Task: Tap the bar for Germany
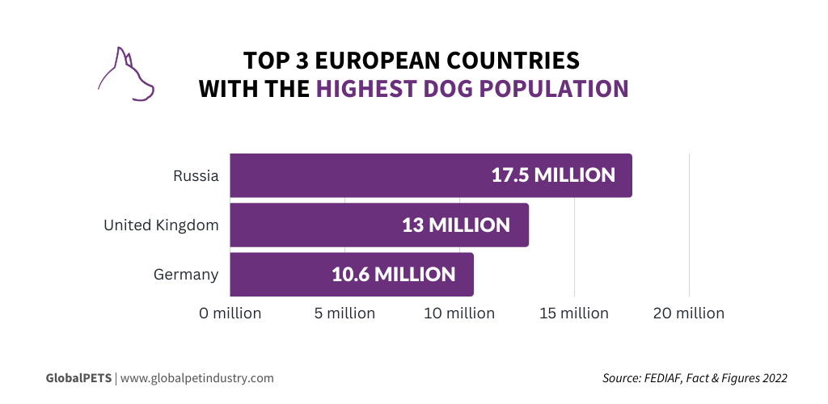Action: click(x=283, y=275)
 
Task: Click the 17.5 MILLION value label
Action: click(x=553, y=175)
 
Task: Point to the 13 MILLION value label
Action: click(x=456, y=225)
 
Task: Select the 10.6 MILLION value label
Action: click(x=394, y=275)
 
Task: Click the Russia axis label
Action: click(x=196, y=175)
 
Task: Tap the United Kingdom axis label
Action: click(x=161, y=225)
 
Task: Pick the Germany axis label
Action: click(x=186, y=275)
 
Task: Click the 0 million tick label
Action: click(x=230, y=313)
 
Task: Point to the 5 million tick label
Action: click(x=344, y=313)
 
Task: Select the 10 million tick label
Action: click(x=459, y=313)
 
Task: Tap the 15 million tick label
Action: click(x=574, y=313)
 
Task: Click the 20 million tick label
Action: click(x=689, y=313)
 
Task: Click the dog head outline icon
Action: click(x=125, y=75)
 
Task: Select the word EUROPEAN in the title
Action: click(x=388, y=61)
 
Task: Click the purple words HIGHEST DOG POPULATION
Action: click(x=472, y=88)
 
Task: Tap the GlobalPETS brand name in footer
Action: click(x=78, y=377)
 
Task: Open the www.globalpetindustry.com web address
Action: click(x=196, y=377)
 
